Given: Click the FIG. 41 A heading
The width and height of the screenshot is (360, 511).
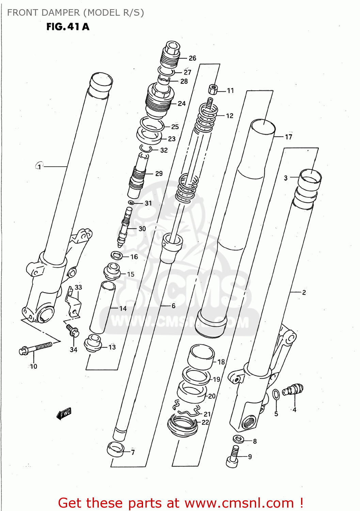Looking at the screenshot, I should pos(68,27).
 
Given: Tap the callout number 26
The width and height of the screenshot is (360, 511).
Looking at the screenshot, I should pos(192,58).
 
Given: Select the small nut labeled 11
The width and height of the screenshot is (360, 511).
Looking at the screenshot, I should pos(213,90).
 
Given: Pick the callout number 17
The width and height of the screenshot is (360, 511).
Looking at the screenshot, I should pos(288,137).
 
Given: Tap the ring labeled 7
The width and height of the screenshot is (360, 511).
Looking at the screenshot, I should pos(115,449).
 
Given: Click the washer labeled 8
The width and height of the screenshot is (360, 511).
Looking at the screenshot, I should pos(238,439).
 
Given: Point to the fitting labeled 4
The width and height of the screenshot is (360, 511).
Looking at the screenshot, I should pos(293,389).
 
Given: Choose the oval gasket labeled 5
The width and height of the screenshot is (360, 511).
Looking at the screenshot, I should pos(276,395).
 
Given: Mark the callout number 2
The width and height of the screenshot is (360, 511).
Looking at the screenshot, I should pos(304,292).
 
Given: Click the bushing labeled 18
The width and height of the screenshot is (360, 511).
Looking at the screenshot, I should pos(201,357).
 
